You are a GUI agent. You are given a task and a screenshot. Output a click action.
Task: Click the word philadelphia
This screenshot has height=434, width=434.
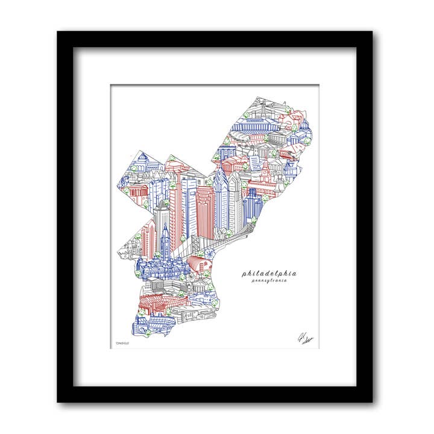(269, 273)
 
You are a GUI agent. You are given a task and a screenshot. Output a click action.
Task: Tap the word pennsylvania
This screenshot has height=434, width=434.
(269, 281)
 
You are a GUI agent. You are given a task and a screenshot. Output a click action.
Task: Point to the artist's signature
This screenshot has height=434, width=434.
(303, 339)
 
